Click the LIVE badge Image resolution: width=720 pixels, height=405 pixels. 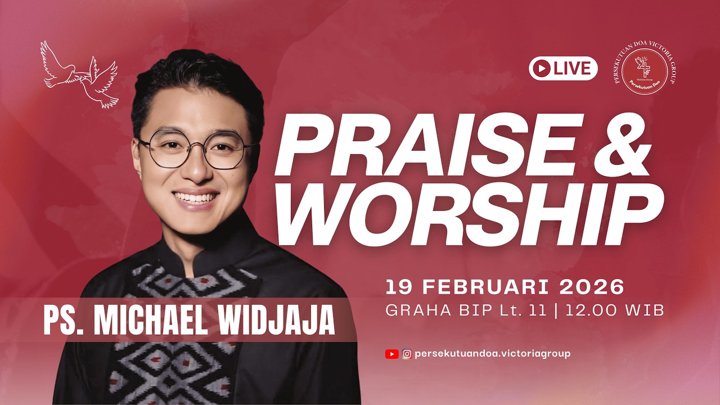(x=563, y=68)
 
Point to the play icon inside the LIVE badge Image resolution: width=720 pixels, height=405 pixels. (x=542, y=68)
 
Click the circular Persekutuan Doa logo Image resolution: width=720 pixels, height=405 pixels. (x=645, y=71)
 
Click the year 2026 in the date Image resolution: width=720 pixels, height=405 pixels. (x=592, y=287)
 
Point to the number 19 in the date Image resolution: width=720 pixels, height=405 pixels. (x=397, y=287)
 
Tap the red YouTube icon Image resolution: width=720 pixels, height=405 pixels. (x=391, y=354)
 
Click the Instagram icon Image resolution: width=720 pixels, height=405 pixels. (x=407, y=354)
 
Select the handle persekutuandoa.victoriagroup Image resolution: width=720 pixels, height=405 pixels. (x=492, y=354)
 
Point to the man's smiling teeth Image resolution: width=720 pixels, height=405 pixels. (x=195, y=197)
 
